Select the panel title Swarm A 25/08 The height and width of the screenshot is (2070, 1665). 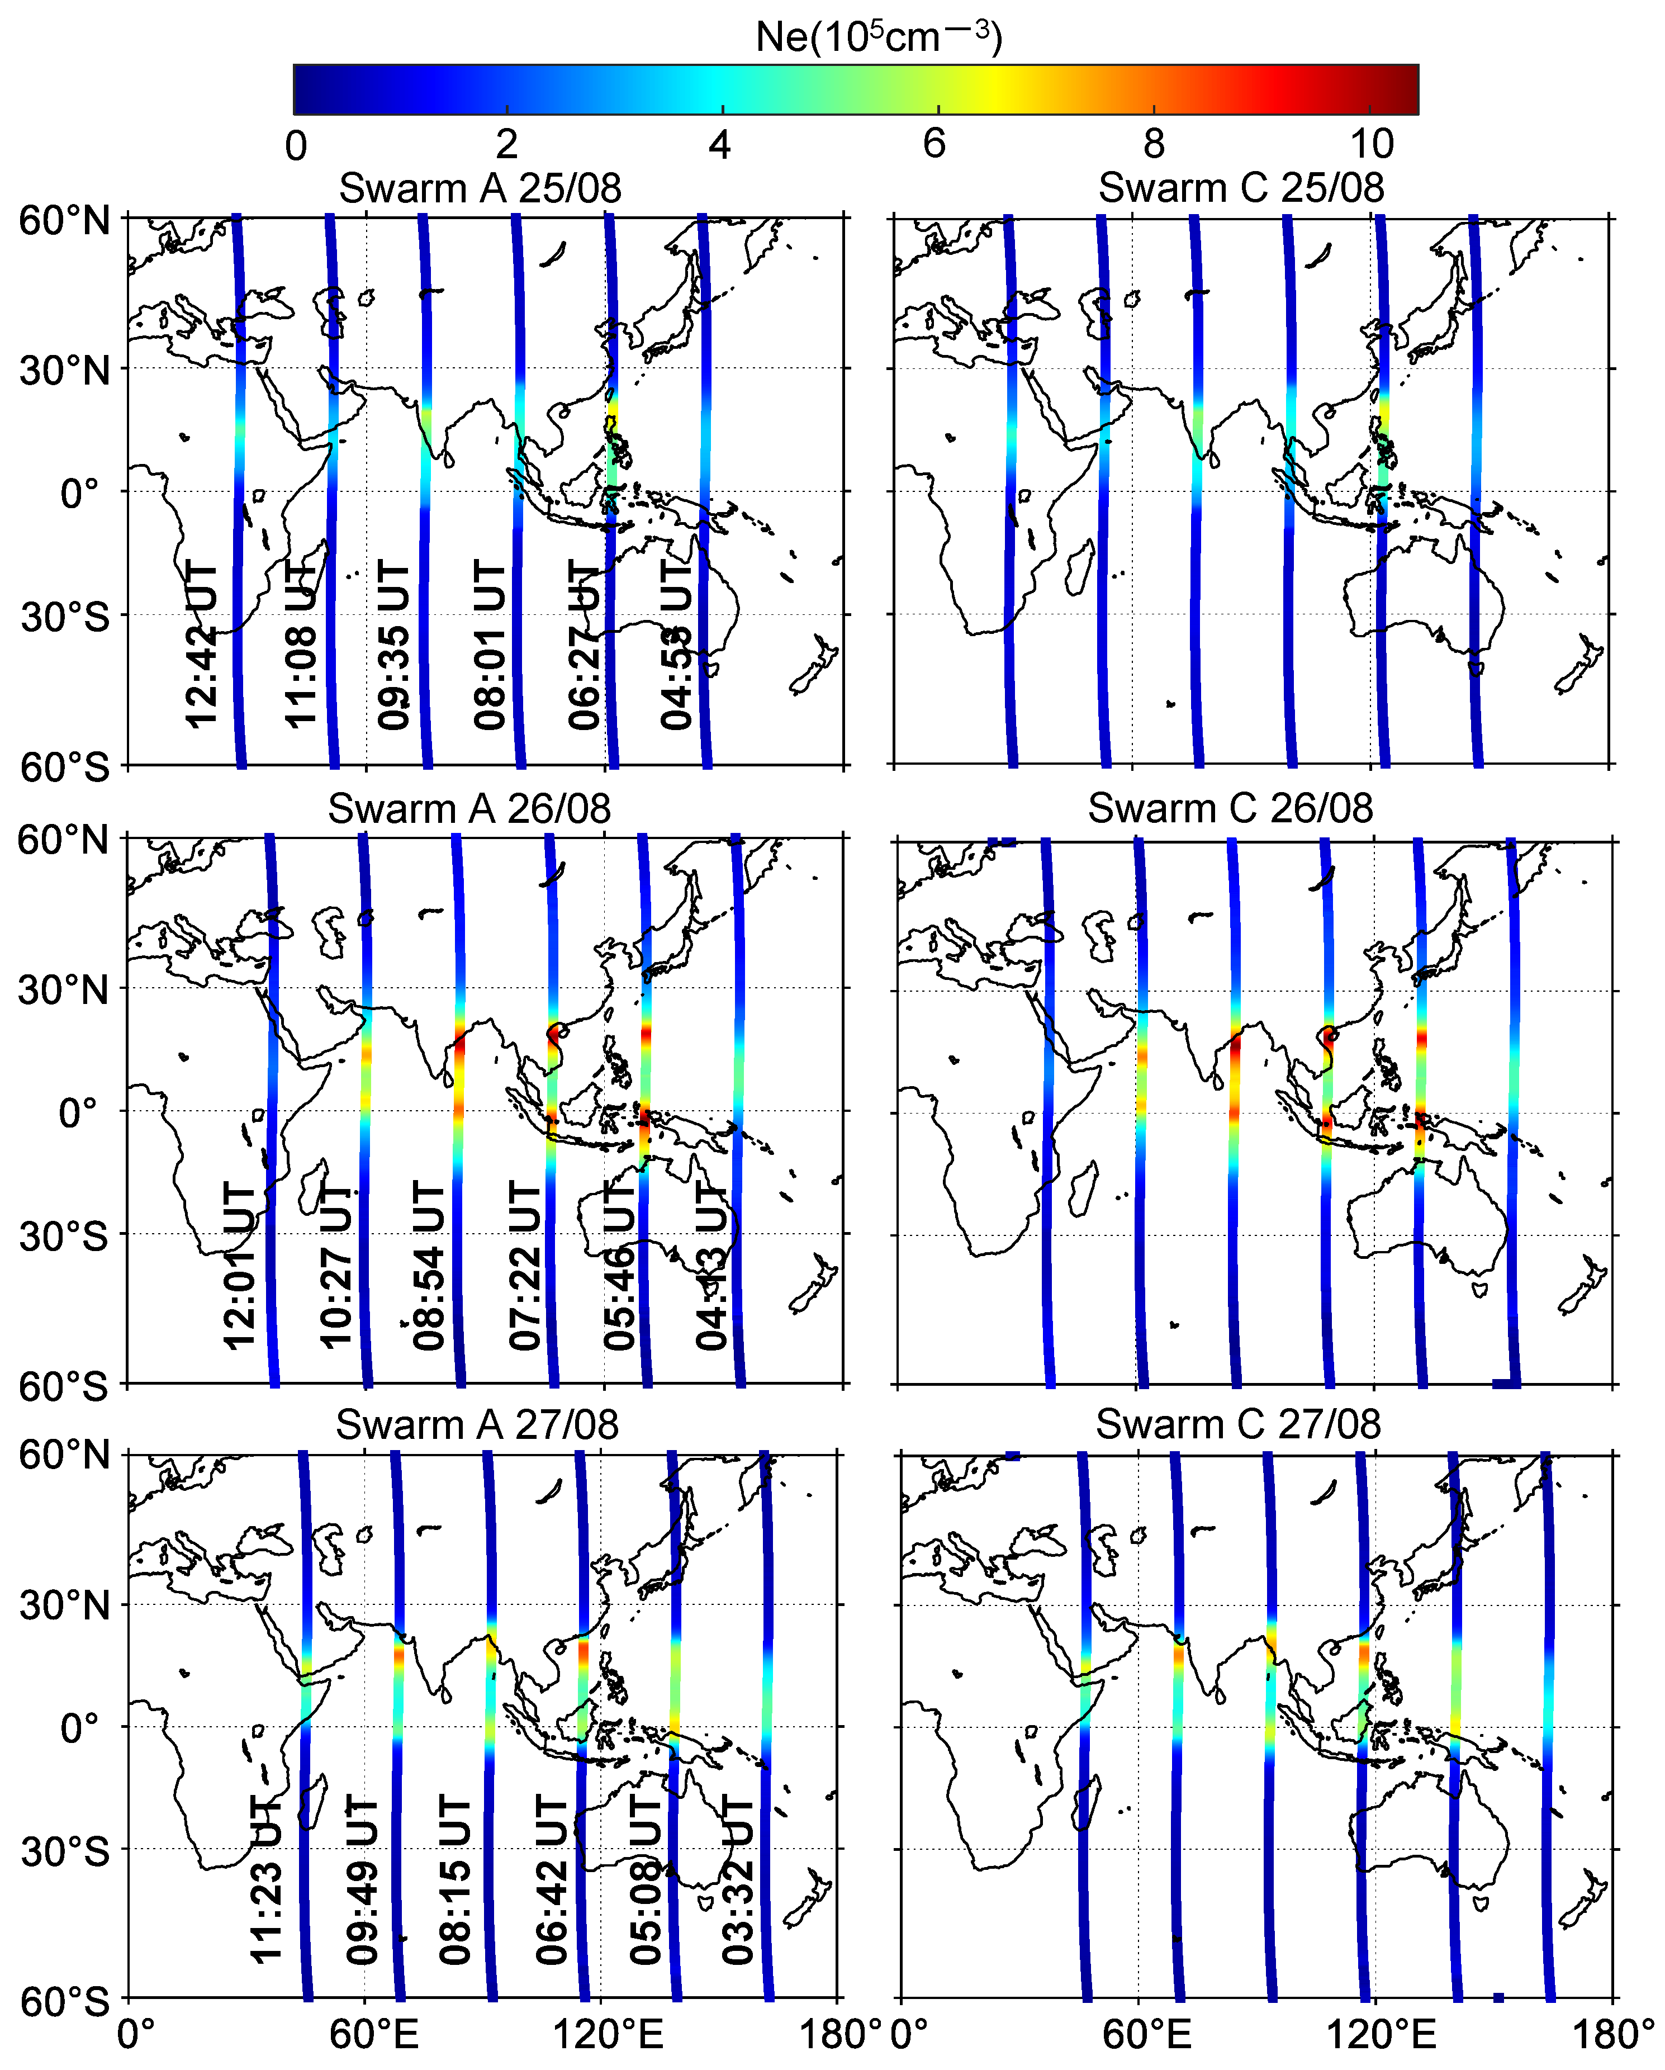[480, 188]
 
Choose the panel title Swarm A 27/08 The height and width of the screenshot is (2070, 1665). [477, 1425]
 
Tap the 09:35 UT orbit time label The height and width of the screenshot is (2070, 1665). [393, 645]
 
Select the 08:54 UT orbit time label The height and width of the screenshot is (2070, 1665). [429, 1266]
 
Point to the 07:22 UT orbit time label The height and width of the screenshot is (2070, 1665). [525, 1266]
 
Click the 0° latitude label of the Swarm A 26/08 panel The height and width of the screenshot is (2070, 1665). [79, 1114]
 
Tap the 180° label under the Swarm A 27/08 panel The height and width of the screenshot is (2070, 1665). [839, 2034]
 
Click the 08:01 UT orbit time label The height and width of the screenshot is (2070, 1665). [488, 645]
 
